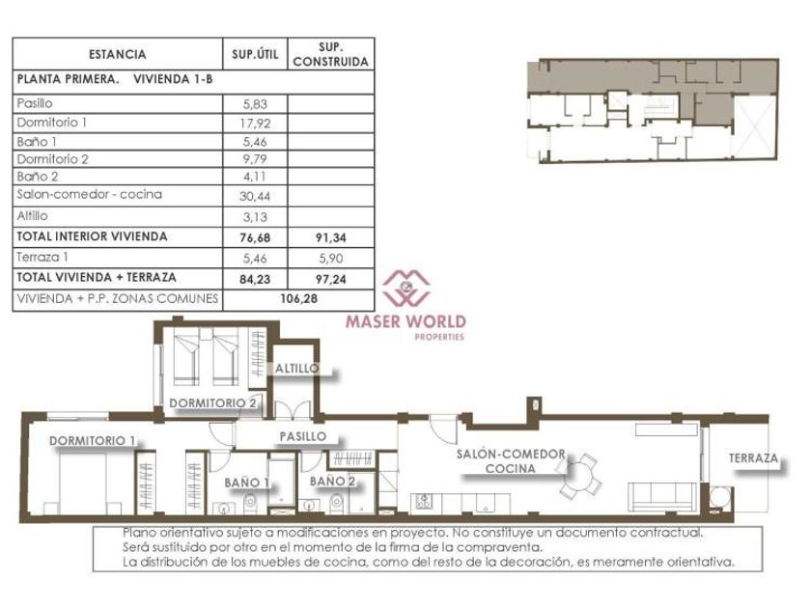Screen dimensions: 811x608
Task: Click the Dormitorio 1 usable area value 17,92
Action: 256,124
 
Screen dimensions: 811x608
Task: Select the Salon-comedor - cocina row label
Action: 90,194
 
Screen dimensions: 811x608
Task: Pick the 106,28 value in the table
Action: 299,299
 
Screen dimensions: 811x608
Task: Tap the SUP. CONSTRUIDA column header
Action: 330,54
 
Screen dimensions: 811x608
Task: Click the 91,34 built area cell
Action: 330,237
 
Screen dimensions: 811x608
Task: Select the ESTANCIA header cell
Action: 118,54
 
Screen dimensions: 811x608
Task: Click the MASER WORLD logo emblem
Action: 406,288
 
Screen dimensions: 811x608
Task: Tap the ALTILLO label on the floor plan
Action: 297,369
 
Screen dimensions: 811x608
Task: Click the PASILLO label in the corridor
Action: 303,437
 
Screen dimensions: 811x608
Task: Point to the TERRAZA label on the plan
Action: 753,458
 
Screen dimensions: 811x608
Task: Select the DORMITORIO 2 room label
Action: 213,403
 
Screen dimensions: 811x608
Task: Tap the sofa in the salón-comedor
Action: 662,497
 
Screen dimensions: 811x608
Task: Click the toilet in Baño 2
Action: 336,502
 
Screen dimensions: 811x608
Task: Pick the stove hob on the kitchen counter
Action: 424,502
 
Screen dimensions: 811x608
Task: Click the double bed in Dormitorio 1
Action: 82,484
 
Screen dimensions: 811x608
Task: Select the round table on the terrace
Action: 719,497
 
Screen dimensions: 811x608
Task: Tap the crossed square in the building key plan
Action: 754,127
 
